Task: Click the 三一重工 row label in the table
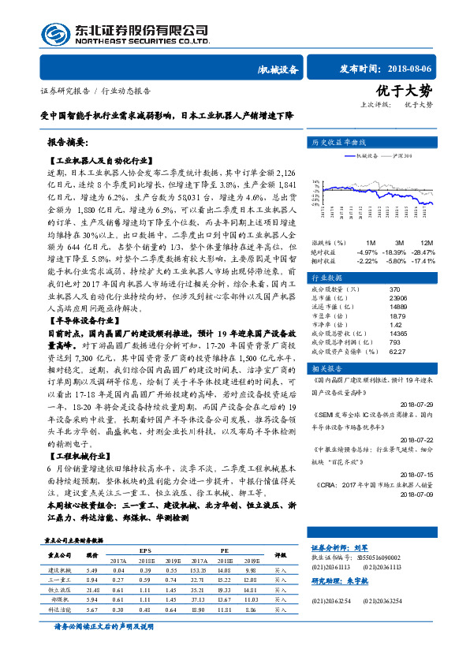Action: click(x=61, y=578)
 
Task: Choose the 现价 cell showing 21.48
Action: click(x=92, y=588)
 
